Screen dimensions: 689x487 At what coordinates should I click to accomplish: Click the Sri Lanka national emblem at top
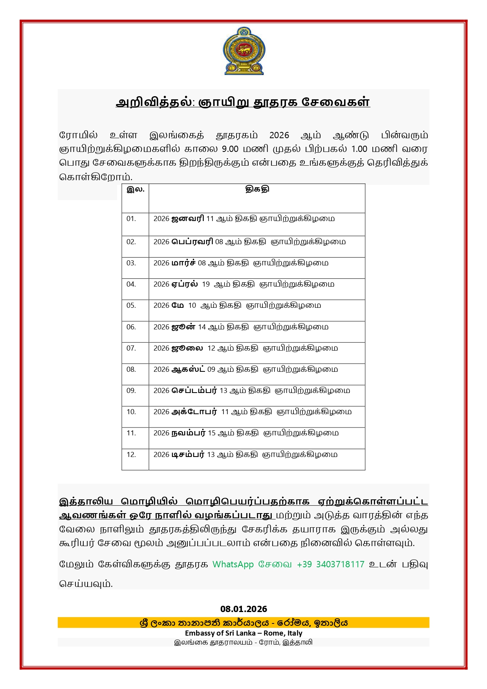click(x=243, y=51)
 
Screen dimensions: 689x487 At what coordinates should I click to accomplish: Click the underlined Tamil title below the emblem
click(x=243, y=102)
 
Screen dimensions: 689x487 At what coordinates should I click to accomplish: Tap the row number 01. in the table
click(x=131, y=219)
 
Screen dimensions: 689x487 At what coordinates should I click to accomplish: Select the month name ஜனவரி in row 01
click(x=187, y=219)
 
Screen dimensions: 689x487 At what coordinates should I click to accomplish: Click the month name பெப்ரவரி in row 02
click(x=192, y=242)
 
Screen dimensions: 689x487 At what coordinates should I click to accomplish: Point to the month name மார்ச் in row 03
click(x=183, y=263)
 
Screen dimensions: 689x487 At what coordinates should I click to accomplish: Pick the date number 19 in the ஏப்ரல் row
click(x=206, y=284)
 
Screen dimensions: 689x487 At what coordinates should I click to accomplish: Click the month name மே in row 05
click(x=178, y=305)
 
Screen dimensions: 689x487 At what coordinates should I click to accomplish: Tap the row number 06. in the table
click(x=131, y=327)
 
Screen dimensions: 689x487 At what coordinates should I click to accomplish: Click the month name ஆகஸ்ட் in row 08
click(x=188, y=369)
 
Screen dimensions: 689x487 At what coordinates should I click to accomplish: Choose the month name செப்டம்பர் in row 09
click(x=194, y=391)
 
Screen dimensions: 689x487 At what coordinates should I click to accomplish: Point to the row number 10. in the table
click(x=131, y=412)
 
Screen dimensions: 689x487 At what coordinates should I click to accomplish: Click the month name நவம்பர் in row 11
click(x=188, y=433)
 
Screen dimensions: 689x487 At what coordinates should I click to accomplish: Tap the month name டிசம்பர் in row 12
click(x=187, y=455)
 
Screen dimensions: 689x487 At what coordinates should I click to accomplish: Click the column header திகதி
click(x=257, y=189)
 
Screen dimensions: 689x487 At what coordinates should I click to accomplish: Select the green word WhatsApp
click(x=233, y=564)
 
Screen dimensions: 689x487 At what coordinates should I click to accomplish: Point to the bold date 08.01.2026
click(x=243, y=609)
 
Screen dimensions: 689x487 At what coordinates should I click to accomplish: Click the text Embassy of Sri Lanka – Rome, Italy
click(x=243, y=633)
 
